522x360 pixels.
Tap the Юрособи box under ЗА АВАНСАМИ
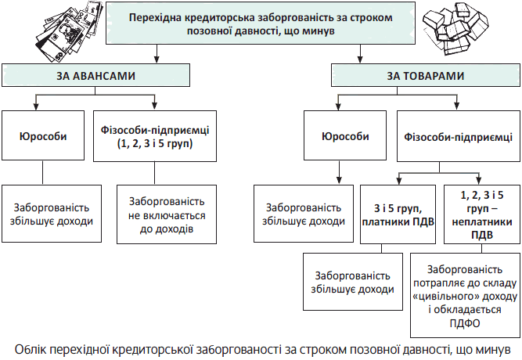click(x=43, y=136)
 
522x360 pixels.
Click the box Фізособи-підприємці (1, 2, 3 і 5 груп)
click(x=154, y=136)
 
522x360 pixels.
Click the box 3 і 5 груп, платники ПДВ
click(x=398, y=214)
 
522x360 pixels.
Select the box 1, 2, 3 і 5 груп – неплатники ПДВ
click(x=482, y=214)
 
